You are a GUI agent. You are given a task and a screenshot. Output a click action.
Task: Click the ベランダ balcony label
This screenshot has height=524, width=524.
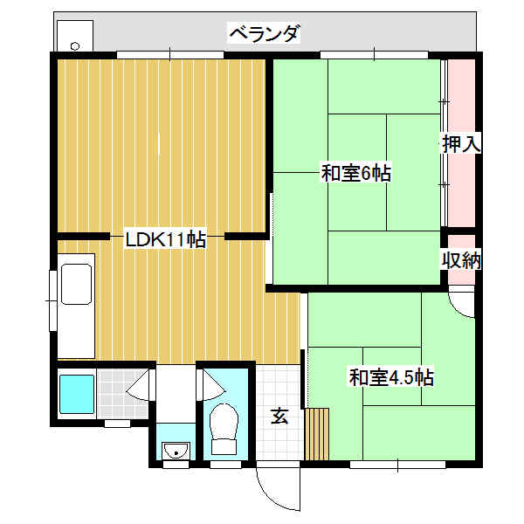point(264,33)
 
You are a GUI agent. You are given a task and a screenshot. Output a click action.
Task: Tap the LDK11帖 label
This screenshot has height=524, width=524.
point(165,238)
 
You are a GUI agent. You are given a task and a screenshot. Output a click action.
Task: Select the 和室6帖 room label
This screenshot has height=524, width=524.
point(356,172)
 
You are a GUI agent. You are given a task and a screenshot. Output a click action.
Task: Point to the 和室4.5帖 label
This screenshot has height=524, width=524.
point(391,377)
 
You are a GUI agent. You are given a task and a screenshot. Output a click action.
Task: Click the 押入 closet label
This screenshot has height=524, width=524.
point(461,144)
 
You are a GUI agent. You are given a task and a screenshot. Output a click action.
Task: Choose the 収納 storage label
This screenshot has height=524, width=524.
point(461,259)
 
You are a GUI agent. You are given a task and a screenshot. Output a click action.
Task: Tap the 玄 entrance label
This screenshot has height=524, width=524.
point(279,416)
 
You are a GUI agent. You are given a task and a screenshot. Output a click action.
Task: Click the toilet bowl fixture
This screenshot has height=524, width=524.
point(224,429)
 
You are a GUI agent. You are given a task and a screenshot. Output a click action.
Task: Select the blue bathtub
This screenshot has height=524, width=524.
point(77,394)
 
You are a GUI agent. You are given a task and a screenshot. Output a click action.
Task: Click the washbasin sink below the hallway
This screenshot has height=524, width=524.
point(176,450)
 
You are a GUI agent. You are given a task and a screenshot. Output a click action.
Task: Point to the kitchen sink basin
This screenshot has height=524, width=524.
point(77,284)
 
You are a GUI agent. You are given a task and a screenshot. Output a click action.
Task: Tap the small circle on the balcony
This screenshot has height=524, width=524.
point(75,45)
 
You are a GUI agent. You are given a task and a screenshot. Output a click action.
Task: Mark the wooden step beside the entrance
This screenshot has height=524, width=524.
point(317,434)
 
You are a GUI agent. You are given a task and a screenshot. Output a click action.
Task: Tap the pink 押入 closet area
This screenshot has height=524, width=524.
point(461,144)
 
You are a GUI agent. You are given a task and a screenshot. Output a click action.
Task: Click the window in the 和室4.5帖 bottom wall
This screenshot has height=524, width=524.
point(397,464)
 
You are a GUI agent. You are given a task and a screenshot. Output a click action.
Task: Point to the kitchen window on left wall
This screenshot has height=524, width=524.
point(52,300)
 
